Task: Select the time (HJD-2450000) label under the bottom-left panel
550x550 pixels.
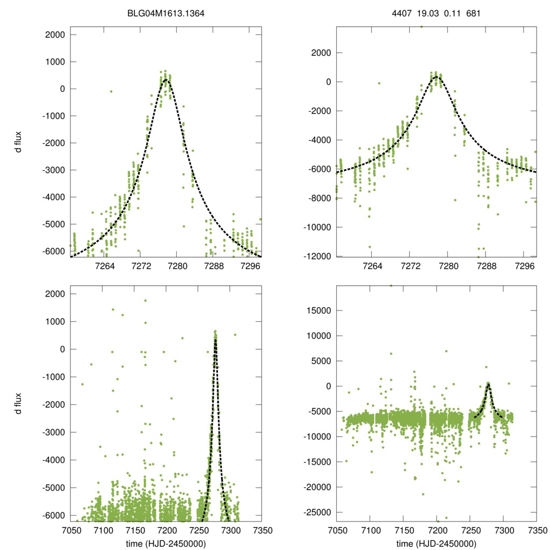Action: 165,544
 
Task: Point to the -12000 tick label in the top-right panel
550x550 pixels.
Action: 317,256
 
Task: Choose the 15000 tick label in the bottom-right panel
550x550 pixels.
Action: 319,310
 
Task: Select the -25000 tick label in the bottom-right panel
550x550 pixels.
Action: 317,512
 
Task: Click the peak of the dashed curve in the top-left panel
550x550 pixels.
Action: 166,79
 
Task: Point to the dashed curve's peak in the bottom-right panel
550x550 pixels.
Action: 488,384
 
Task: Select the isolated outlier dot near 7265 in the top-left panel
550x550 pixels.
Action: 111,91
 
